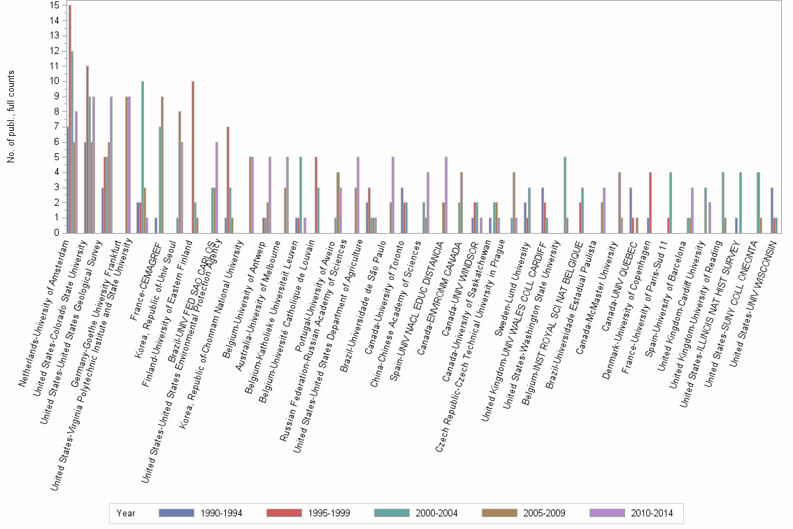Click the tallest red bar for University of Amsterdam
tap(70, 119)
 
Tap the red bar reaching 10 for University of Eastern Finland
tap(193, 157)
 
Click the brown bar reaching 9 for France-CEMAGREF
tap(162, 164)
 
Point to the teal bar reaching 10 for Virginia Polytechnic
tap(143, 157)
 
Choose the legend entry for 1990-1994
tap(200, 514)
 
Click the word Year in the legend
tap(127, 514)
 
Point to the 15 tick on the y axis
tap(55, 6)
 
